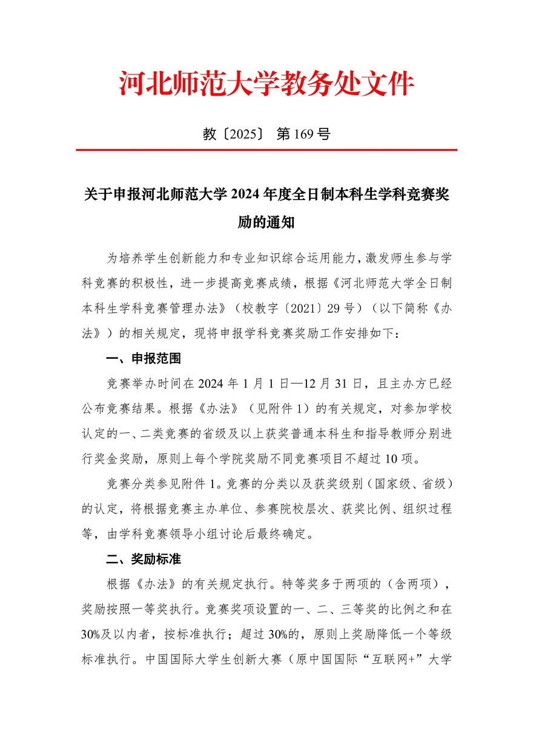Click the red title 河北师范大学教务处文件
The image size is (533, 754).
(x=266, y=84)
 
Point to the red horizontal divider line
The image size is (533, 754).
(x=266, y=150)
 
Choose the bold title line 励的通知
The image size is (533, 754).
(x=266, y=222)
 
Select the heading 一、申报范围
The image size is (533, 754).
(x=144, y=359)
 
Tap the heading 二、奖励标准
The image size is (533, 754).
(x=144, y=558)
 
